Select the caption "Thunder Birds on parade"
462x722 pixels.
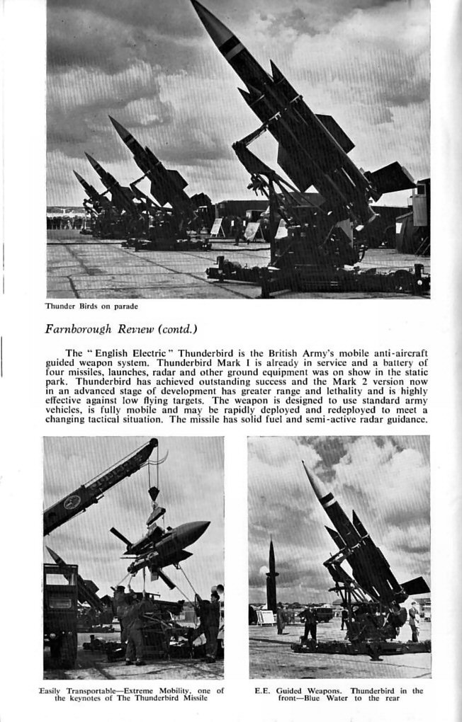click(x=91, y=306)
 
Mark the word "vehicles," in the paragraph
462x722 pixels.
click(x=66, y=410)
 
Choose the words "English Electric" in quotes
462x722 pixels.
click(x=135, y=353)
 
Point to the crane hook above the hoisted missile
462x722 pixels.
click(x=153, y=493)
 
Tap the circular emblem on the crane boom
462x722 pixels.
click(x=72, y=503)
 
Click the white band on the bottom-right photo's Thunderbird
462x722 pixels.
click(x=326, y=501)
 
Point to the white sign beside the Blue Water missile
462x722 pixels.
click(x=266, y=617)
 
